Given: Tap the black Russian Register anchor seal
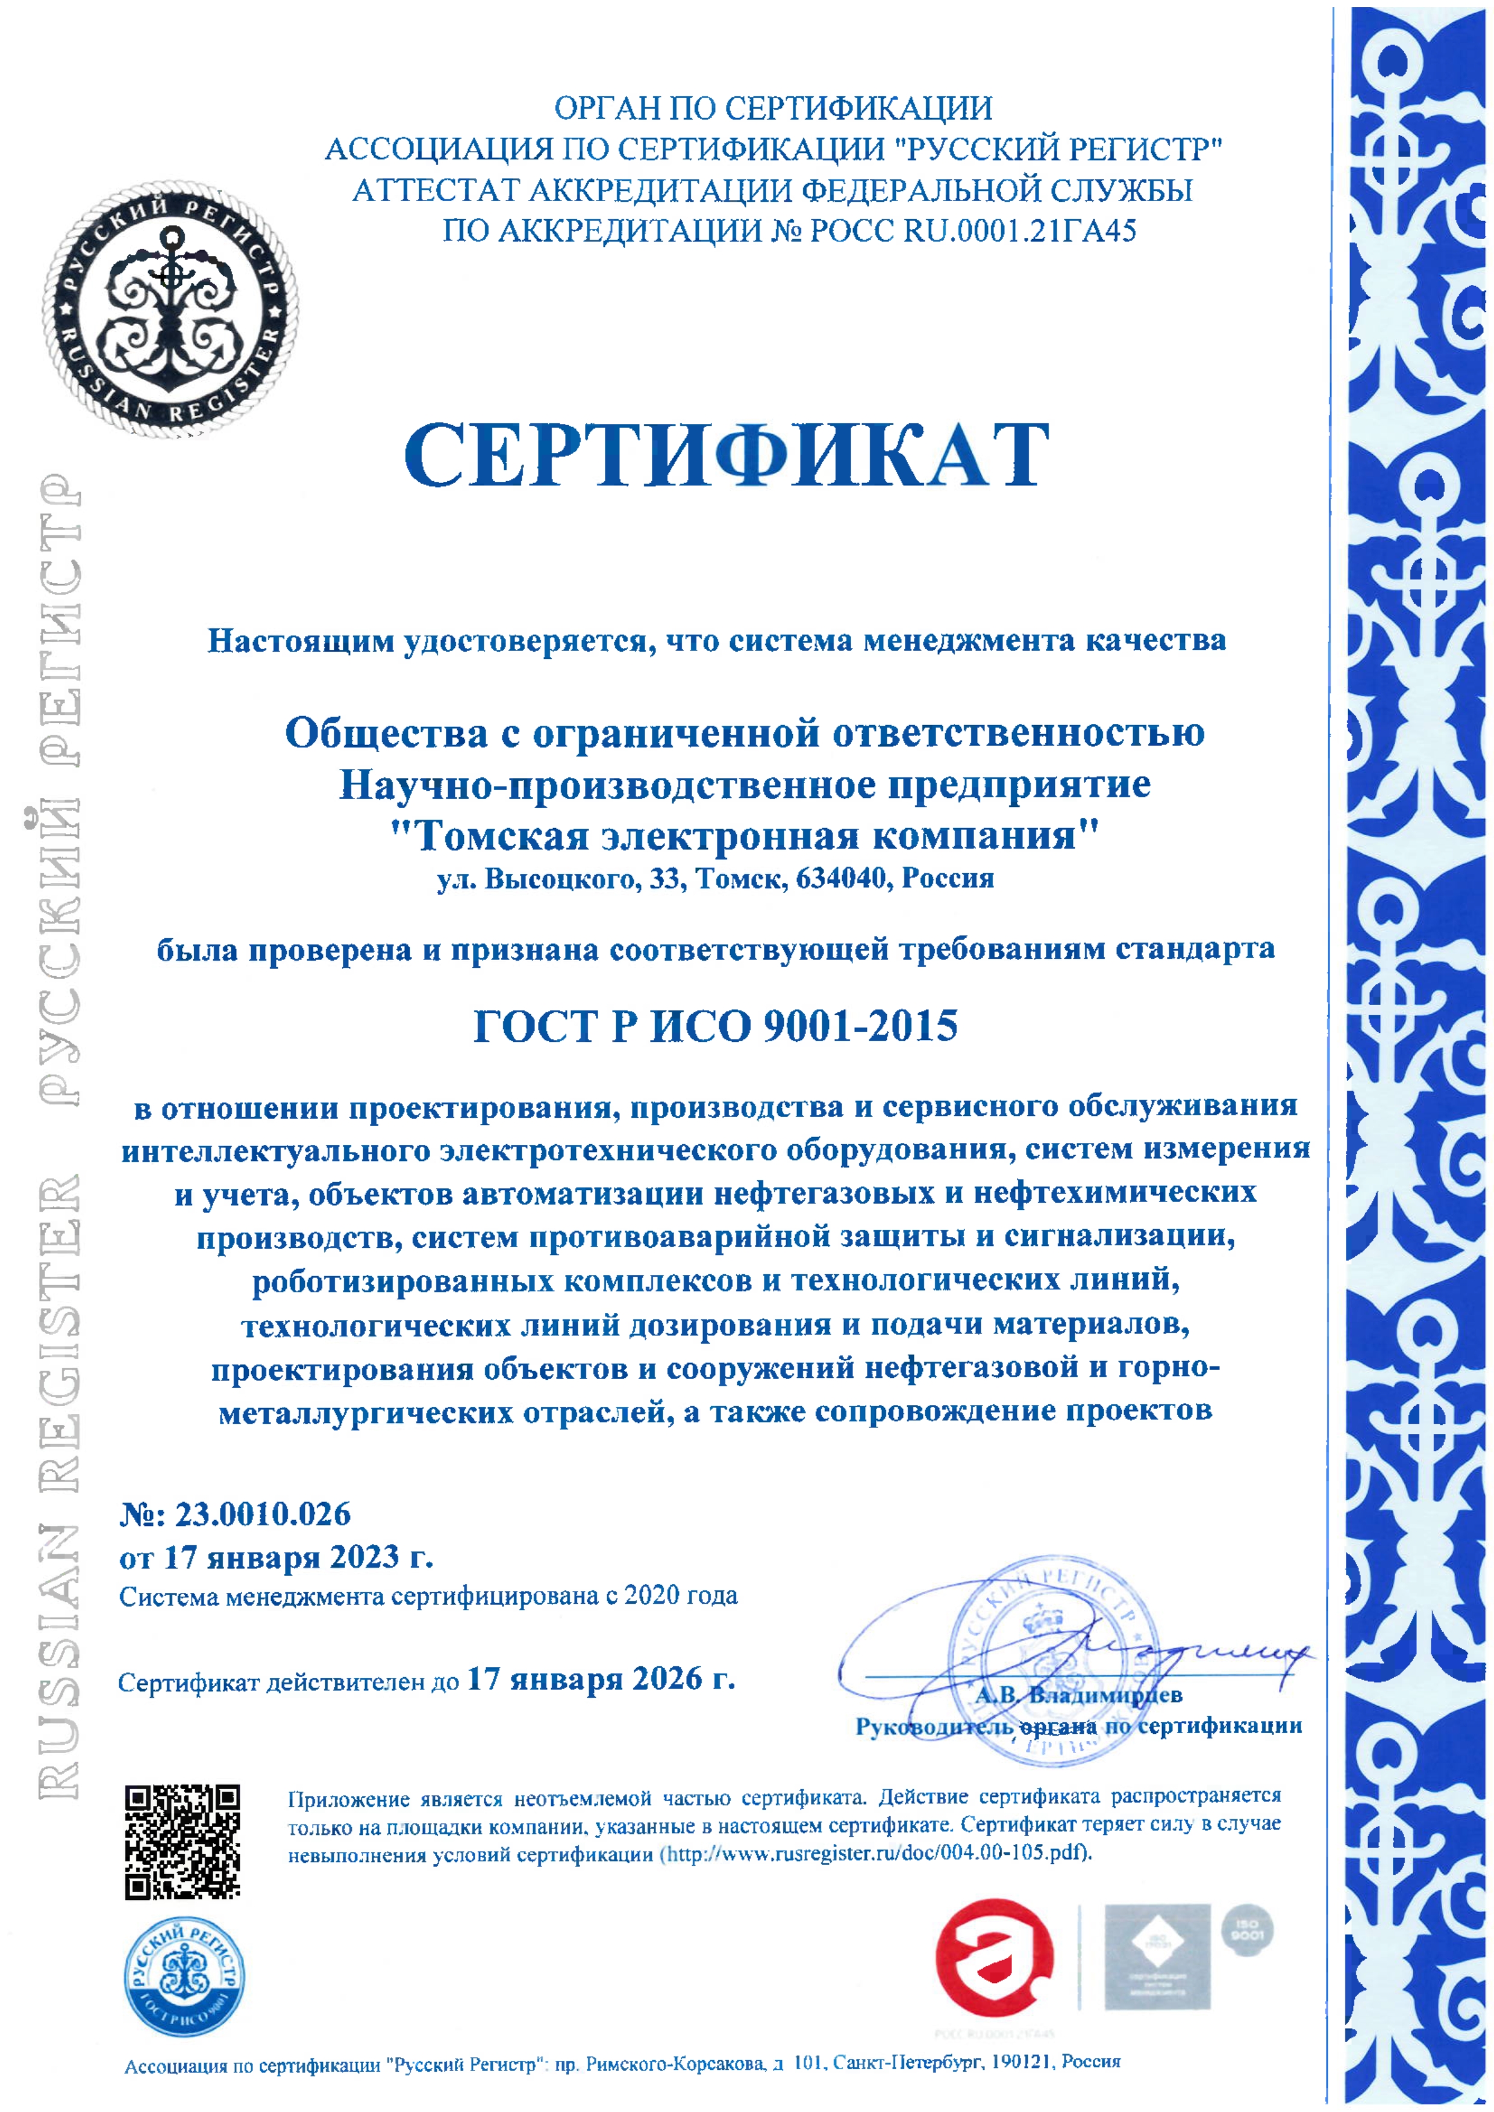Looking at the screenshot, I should pos(170,308).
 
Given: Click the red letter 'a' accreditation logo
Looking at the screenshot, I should pos(993,1957).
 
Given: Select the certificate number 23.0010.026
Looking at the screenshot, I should pos(262,1513).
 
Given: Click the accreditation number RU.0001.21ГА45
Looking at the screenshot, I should pos(1019,230).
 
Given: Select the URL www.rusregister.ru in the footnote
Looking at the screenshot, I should pos(812,1852).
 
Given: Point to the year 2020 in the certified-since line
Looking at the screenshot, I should pos(652,1595).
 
